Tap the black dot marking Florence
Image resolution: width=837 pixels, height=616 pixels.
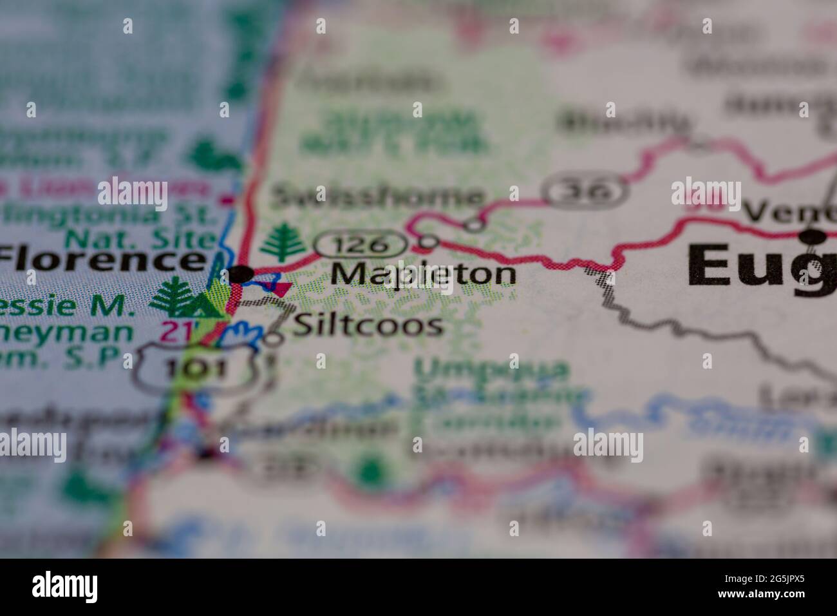point(241,274)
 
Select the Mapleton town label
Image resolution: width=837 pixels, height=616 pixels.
point(423,274)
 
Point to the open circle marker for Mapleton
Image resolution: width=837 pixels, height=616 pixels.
point(428,242)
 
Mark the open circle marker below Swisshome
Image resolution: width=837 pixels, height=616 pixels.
point(474,224)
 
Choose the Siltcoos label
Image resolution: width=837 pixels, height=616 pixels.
point(368,325)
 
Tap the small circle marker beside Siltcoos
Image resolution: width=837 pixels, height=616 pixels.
point(275,338)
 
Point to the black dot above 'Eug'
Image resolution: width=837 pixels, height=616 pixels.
point(814,237)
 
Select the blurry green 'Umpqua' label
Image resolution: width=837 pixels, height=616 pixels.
point(493,370)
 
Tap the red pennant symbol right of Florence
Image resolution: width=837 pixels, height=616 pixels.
point(281,288)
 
